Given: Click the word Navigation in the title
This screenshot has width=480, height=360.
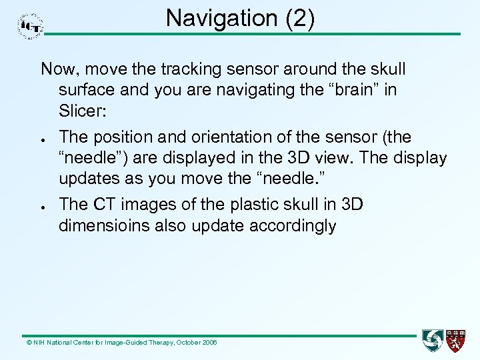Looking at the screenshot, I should click(214, 18).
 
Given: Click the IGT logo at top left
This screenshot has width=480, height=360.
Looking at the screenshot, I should click(29, 26).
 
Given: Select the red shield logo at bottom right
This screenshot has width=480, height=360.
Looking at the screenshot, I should click(457, 341).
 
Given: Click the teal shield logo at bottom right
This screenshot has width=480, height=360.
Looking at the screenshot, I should click(433, 341).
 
